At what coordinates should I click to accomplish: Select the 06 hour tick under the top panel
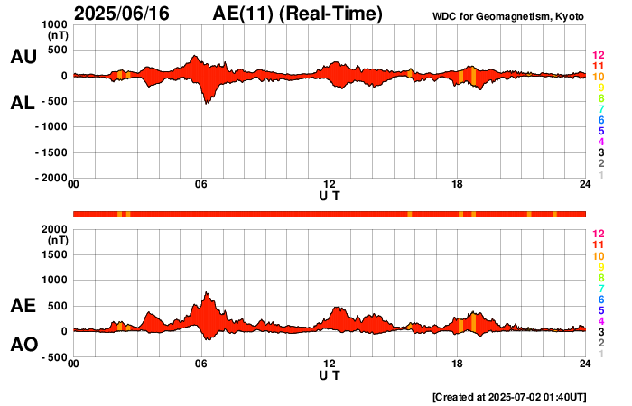point(201,185)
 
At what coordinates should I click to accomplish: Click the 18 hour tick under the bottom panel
point(458,364)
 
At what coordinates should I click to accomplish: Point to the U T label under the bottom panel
point(330,375)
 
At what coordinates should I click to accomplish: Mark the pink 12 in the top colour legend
point(598,56)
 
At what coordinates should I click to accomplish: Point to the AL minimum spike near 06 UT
point(207,103)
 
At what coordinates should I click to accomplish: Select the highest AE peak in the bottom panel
point(207,292)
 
